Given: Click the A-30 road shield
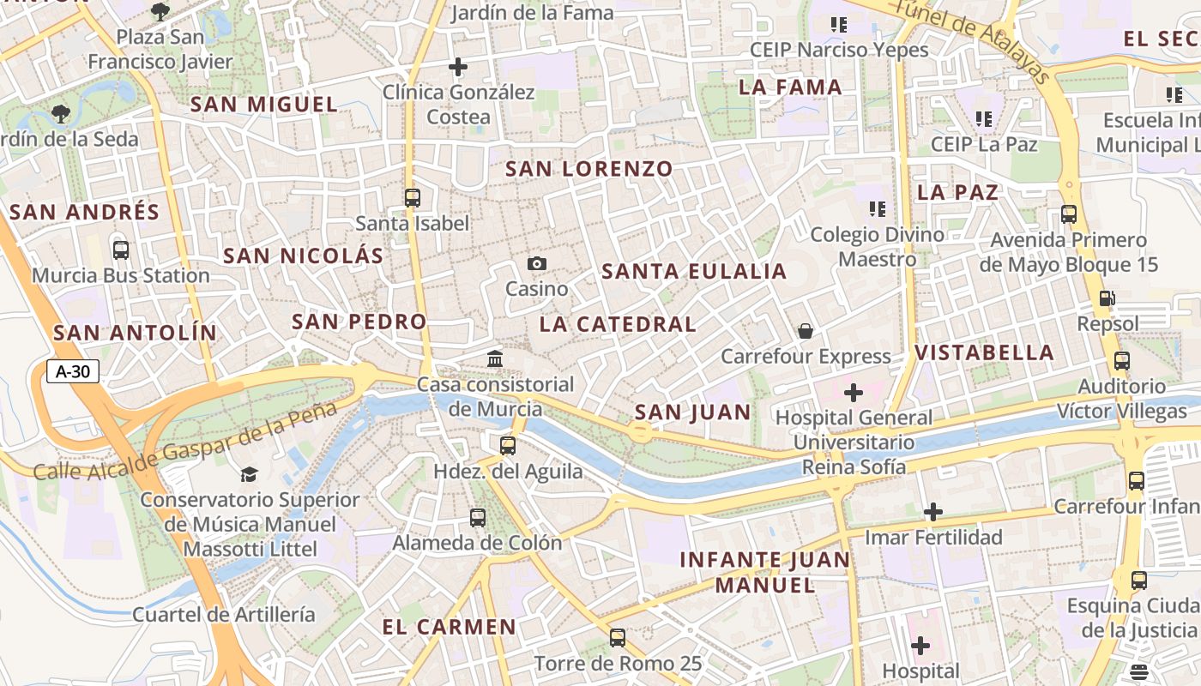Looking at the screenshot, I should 73,371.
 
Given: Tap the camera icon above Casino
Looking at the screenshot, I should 537,263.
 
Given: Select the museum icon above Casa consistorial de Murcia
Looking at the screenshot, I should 495,358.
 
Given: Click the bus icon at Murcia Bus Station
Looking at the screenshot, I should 121,250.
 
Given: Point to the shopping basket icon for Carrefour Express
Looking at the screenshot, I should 806,330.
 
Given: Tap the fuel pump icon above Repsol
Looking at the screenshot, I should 1107,298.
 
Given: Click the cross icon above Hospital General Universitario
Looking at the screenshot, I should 854,393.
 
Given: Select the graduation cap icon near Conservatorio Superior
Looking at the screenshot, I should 249,473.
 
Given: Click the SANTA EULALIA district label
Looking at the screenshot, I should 694,272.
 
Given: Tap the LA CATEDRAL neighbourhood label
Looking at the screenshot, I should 618,324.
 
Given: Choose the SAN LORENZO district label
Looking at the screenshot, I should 588,169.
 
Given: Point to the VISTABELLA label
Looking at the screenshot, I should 984,352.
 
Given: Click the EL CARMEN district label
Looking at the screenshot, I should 450,627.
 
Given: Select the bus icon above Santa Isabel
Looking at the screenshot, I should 413,197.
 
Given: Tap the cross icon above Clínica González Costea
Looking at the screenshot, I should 458,66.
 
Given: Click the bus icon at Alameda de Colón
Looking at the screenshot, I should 478,517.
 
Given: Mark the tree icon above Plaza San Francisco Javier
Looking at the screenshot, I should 160,11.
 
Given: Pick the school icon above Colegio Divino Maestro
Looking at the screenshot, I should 877,208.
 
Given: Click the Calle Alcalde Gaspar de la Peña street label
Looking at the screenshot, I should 185,441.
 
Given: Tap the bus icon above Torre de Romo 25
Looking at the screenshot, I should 618,637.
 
